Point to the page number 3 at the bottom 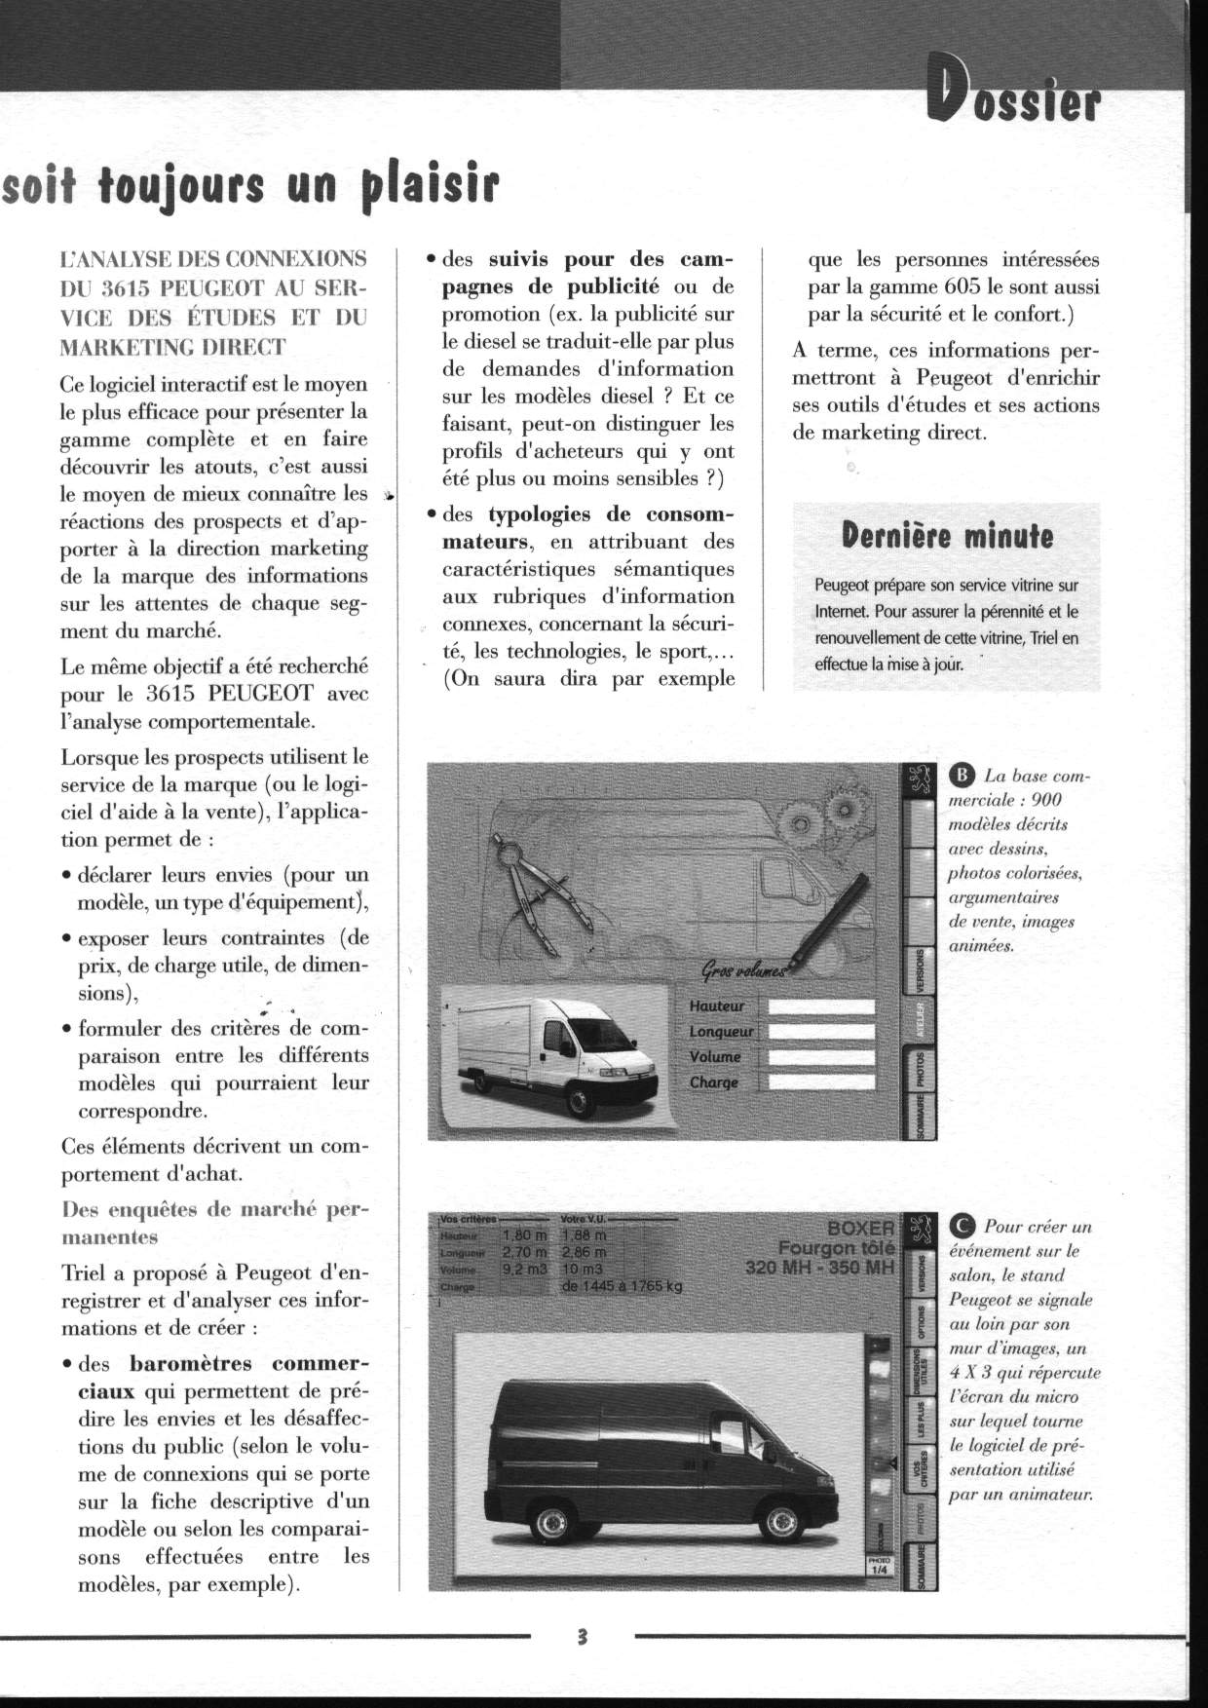point(582,1635)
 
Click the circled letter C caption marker point(961,1227)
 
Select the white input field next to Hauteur point(821,1007)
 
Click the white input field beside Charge point(821,1082)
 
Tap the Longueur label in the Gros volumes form point(720,1032)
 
